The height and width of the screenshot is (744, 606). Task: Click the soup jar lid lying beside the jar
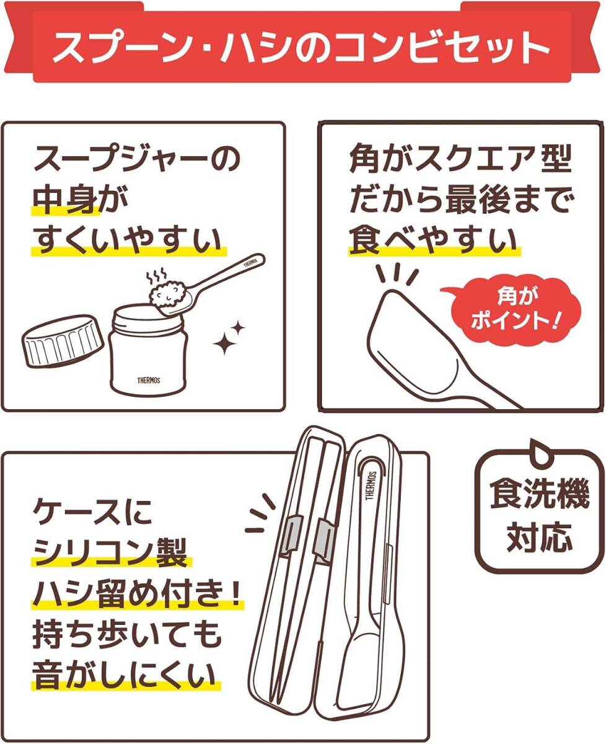(x=61, y=341)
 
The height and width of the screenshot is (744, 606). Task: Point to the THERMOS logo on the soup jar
(x=147, y=379)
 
